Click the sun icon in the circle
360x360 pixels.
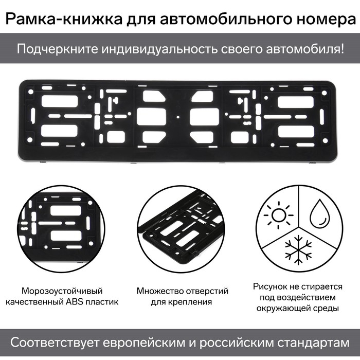pyautogui.click(x=279, y=215)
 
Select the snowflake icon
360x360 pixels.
pyautogui.click(x=298, y=250)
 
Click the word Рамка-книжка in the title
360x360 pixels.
pyautogui.click(x=64, y=19)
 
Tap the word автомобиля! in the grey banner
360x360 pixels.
pyautogui.click(x=305, y=49)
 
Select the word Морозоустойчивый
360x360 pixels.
pyautogui.click(x=62, y=291)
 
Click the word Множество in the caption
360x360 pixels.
pyautogui.click(x=160, y=291)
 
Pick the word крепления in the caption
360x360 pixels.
pyautogui.click(x=193, y=302)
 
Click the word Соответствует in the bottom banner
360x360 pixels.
pyautogui.click(x=55, y=343)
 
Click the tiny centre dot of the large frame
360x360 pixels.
pyautogui.click(x=178, y=117)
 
